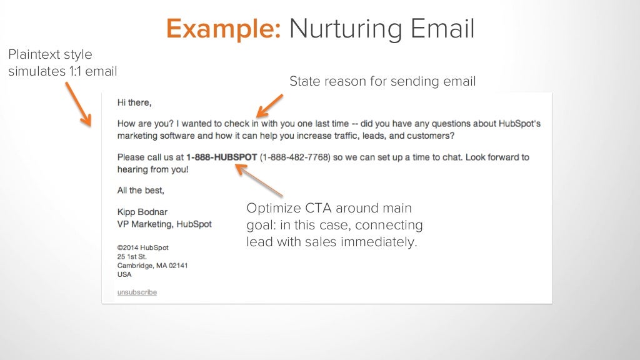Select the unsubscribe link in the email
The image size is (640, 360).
[137, 292]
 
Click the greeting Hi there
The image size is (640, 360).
[134, 102]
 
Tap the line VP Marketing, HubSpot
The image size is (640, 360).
[164, 224]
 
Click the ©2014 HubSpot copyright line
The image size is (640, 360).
[143, 247]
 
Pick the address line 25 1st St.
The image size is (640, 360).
[132, 256]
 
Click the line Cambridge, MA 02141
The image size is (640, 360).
[152, 266]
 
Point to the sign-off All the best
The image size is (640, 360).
[141, 190]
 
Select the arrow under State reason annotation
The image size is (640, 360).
[270, 104]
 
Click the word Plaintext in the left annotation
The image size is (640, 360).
[35, 55]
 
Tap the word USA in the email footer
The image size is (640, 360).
[125, 274]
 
